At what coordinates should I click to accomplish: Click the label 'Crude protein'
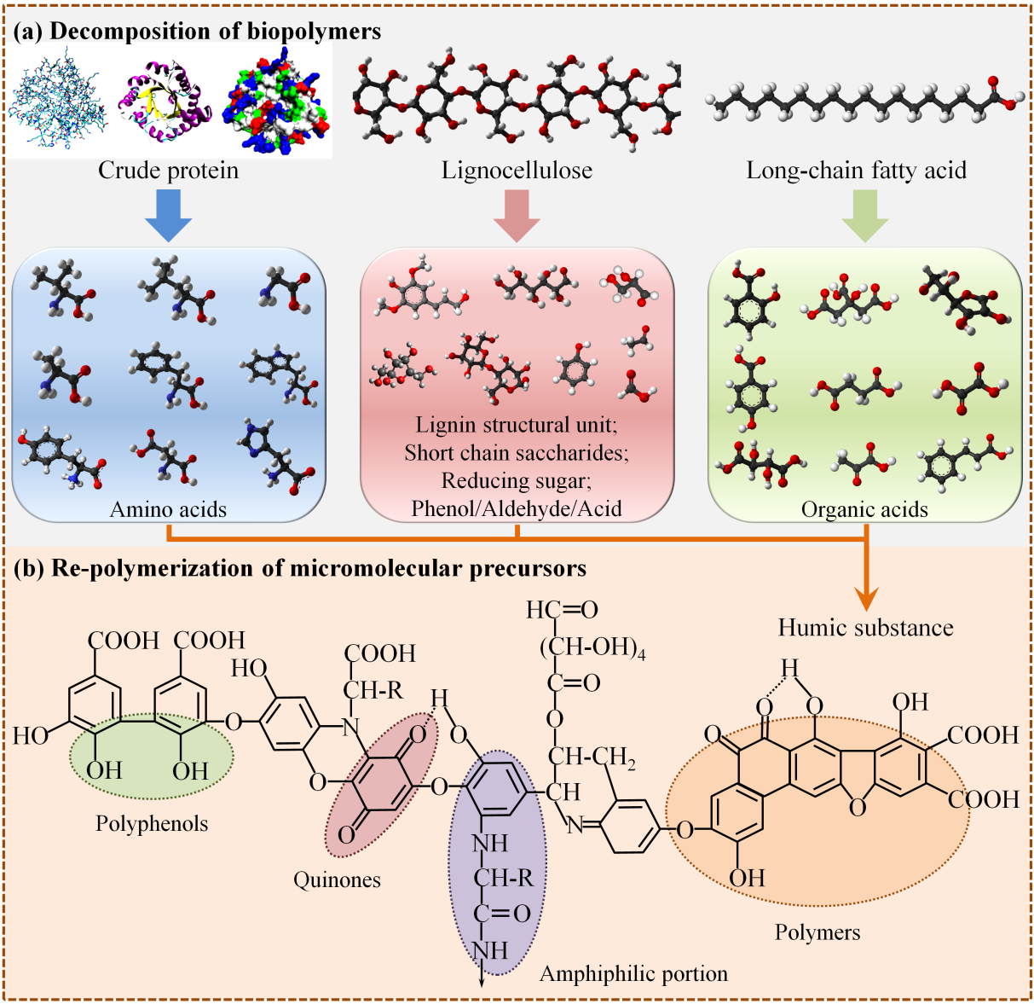(x=168, y=171)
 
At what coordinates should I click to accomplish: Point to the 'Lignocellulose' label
(x=517, y=171)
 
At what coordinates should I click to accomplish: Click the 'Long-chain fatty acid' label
(x=856, y=171)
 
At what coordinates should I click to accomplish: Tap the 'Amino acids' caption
(x=168, y=509)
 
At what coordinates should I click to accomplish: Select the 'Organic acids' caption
(x=864, y=509)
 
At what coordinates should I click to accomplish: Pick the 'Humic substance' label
(x=865, y=628)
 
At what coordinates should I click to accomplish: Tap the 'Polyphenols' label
(x=152, y=823)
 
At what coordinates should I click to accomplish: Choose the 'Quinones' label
(x=337, y=879)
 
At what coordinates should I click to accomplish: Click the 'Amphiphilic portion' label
(x=633, y=973)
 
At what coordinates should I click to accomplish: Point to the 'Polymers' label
(x=817, y=931)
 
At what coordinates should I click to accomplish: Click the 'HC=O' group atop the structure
(x=562, y=610)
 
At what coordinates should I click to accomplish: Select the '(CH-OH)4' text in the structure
(x=592, y=647)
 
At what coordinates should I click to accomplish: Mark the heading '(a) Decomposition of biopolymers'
(x=197, y=32)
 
